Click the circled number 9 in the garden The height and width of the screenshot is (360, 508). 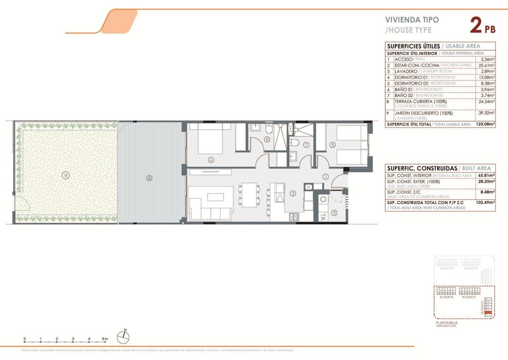[x=65, y=175]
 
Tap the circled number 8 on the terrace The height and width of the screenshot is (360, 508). [x=149, y=178]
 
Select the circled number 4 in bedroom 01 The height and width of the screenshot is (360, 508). [x=211, y=160]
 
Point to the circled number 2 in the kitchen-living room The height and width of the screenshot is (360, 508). [x=293, y=193]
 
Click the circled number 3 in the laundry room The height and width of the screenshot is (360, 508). [x=334, y=212]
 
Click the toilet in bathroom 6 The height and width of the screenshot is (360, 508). [x=267, y=128]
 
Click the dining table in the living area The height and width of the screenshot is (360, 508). [x=248, y=194]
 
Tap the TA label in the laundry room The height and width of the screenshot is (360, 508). [x=323, y=217]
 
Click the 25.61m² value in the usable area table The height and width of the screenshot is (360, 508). [x=486, y=65]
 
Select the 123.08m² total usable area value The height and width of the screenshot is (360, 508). [x=484, y=125]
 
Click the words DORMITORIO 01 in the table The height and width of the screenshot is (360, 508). [x=411, y=77]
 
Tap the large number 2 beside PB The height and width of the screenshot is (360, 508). [x=476, y=25]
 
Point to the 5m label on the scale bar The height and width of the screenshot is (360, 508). [x=105, y=339]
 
